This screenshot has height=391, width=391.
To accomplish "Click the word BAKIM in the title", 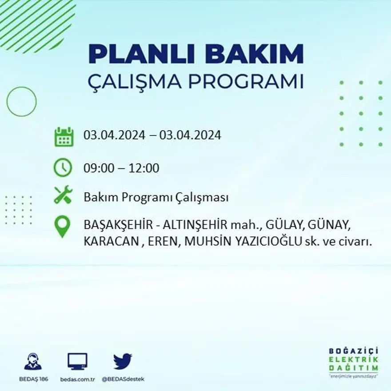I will click(254, 54).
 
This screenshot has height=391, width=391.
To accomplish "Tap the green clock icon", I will click(63, 168).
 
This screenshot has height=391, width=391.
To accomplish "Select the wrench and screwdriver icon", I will click(63, 195).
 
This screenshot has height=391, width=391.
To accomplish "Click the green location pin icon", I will click(63, 226).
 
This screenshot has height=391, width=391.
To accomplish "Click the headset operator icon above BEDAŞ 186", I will click(33, 361).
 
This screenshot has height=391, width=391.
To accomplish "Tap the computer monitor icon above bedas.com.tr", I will click(77, 361).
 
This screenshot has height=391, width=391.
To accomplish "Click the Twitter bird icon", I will click(123, 361).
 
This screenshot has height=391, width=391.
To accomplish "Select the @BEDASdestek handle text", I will click(123, 379).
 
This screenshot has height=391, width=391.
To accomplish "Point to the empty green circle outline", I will click(21, 102).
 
